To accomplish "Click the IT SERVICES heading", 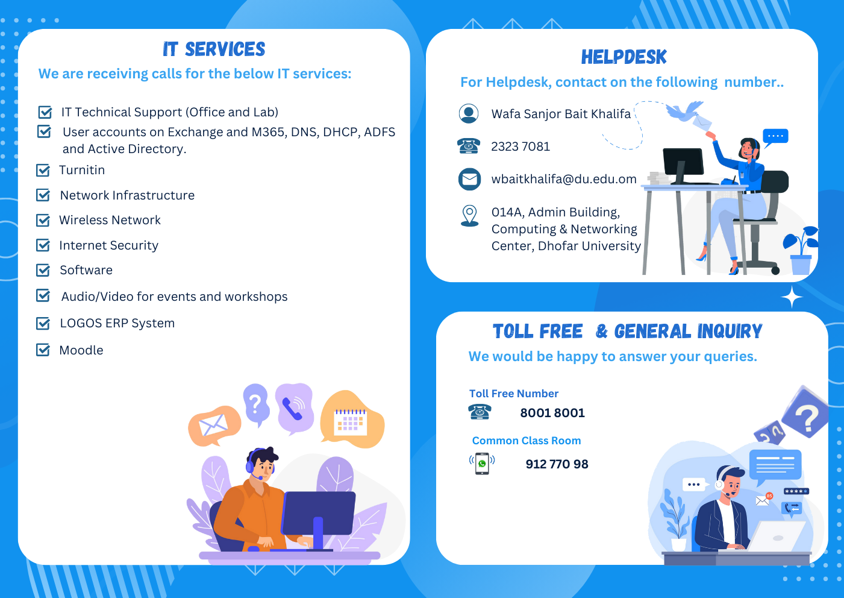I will pyautogui.click(x=214, y=49).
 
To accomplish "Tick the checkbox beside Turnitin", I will pyautogui.click(x=43, y=171).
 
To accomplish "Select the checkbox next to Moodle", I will pyautogui.click(x=43, y=350).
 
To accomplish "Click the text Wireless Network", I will pyautogui.click(x=110, y=221).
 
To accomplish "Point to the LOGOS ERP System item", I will pyautogui.click(x=117, y=324).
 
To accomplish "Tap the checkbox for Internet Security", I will pyautogui.click(x=43, y=245).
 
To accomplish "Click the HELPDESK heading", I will pyautogui.click(x=624, y=57).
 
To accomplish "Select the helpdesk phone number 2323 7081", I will pyautogui.click(x=520, y=146).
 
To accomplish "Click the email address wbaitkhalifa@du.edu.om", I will pyautogui.click(x=564, y=179).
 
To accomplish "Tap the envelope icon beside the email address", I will pyautogui.click(x=469, y=179).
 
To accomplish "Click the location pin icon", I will pyautogui.click(x=469, y=215).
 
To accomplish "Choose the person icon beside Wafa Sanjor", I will pyautogui.click(x=469, y=113).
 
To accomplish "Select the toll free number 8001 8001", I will pyautogui.click(x=552, y=413).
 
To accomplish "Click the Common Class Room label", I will pyautogui.click(x=527, y=441).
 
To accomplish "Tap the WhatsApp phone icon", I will pyautogui.click(x=482, y=464).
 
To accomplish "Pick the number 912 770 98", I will pyautogui.click(x=557, y=464).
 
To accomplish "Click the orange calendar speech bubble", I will pyautogui.click(x=351, y=420).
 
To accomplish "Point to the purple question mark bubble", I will pyautogui.click(x=256, y=403).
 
